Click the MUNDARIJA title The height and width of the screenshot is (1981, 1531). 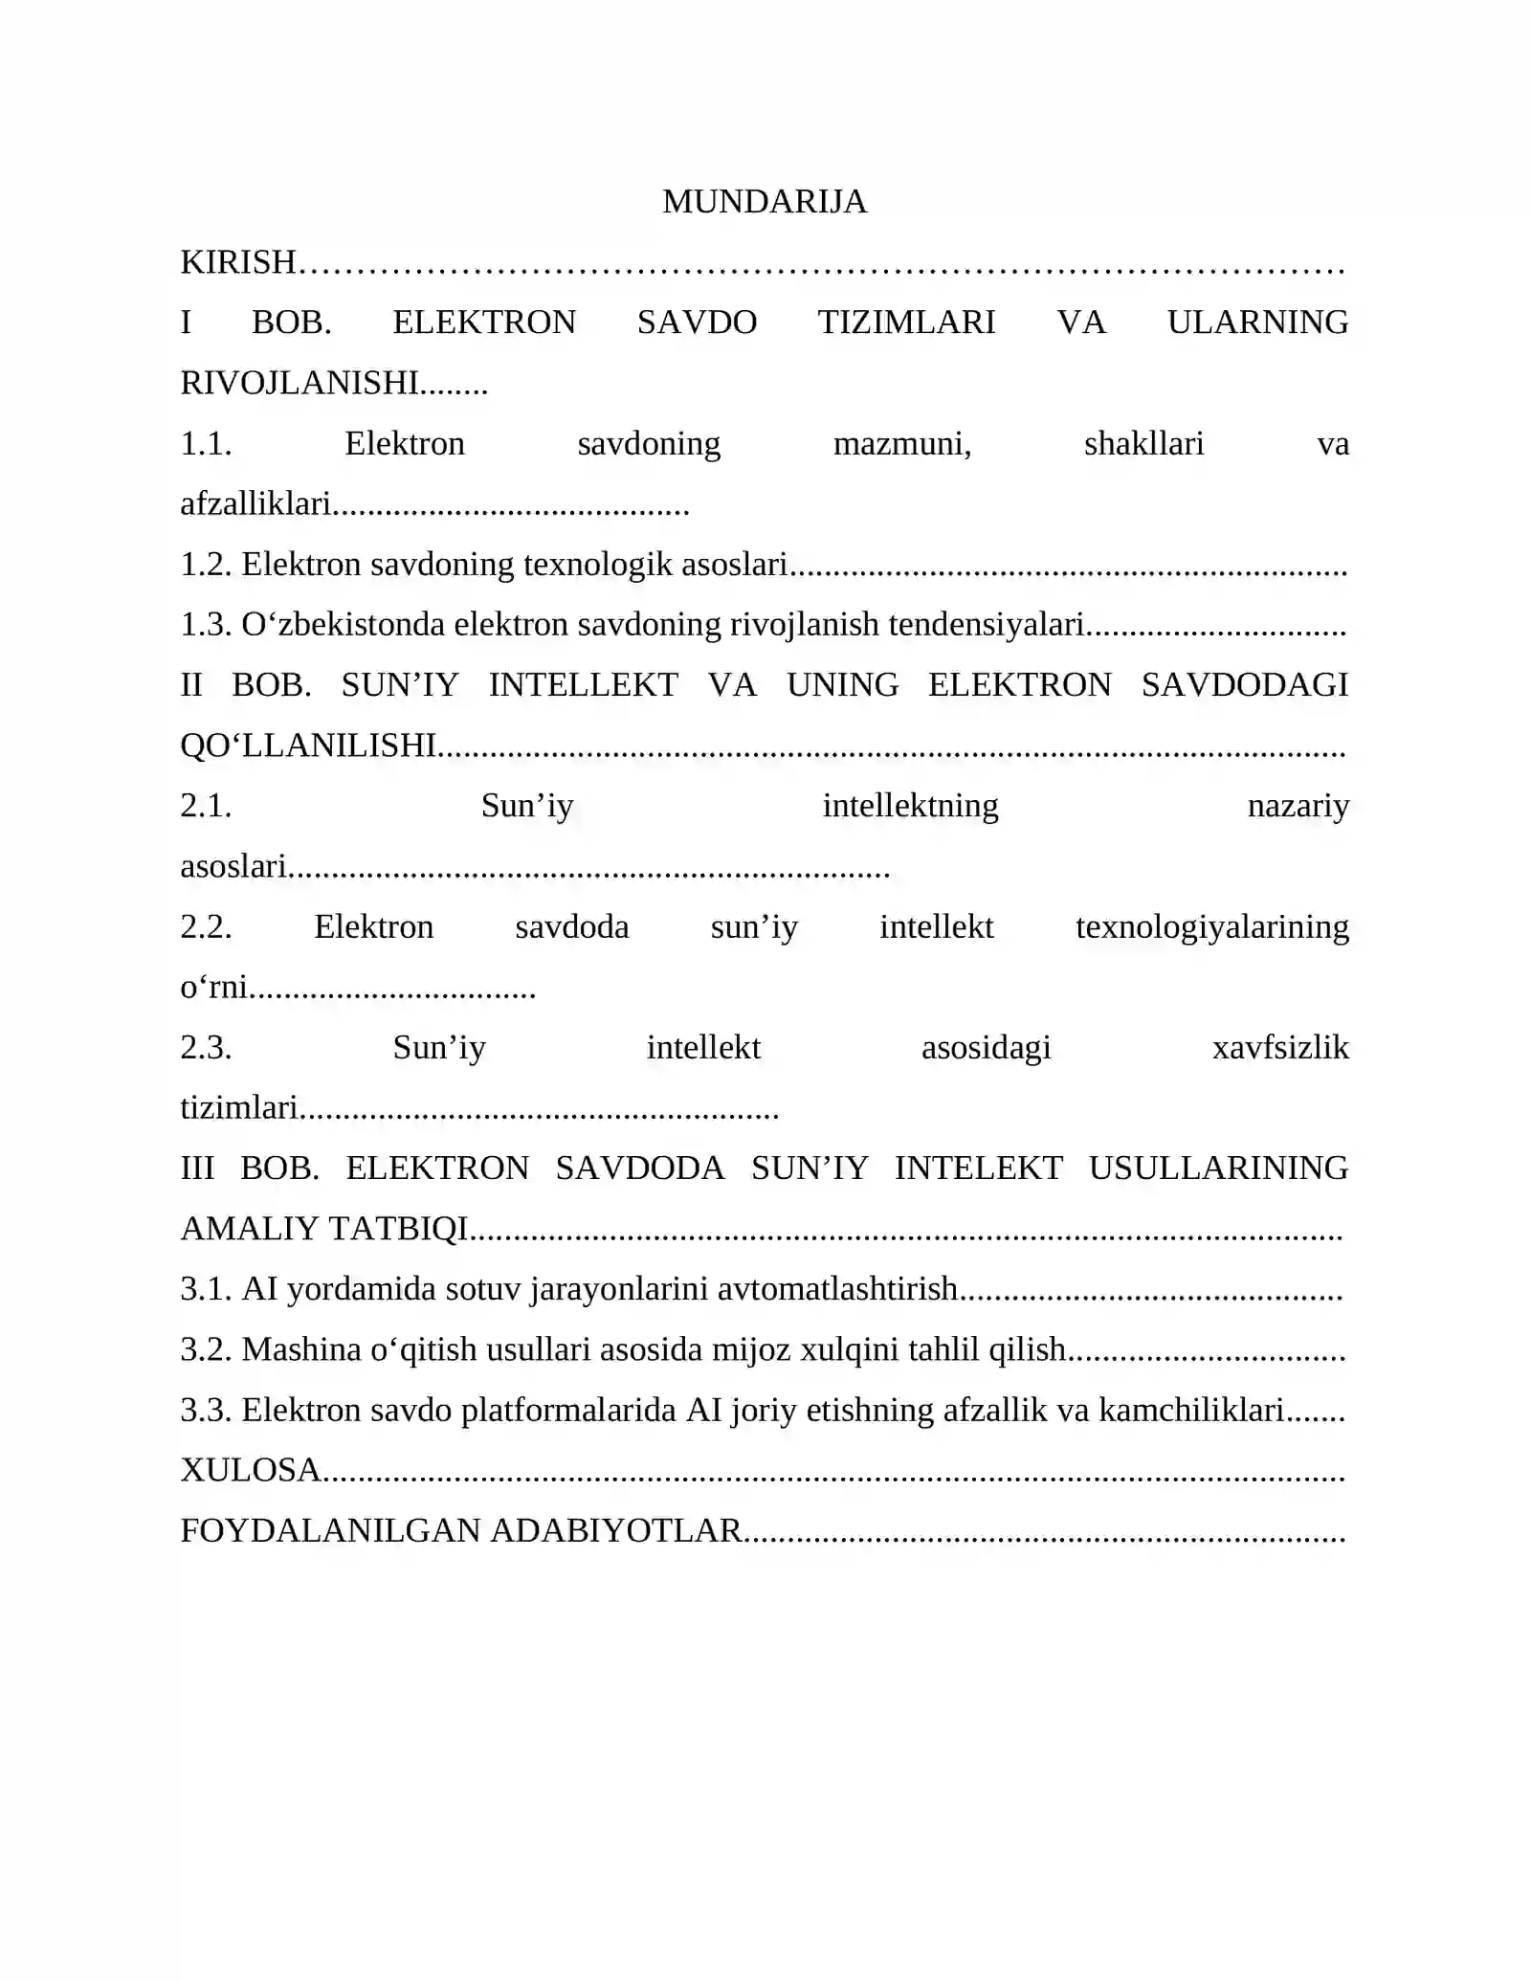[x=765, y=202]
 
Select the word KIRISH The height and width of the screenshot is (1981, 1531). [x=238, y=262]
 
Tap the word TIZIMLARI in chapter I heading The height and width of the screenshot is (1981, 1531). [x=906, y=323]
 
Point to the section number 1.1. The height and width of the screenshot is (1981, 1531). [x=206, y=444]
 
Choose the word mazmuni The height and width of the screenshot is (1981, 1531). [x=901, y=444]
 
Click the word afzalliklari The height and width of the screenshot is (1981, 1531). [x=255, y=504]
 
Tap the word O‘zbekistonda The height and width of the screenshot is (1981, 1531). [x=343, y=625]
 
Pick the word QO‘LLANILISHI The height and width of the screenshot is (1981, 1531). [x=309, y=746]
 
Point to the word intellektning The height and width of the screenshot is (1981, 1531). [x=910, y=806]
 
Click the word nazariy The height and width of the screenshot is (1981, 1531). [x=1298, y=806]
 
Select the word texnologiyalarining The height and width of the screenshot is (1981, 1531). [x=1211, y=927]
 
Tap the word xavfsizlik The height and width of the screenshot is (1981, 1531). [x=1280, y=1048]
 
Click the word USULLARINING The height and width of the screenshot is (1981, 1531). [x=1218, y=1169]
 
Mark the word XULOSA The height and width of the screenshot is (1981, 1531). [x=251, y=1470]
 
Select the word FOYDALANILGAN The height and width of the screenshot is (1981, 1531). [x=331, y=1531]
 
